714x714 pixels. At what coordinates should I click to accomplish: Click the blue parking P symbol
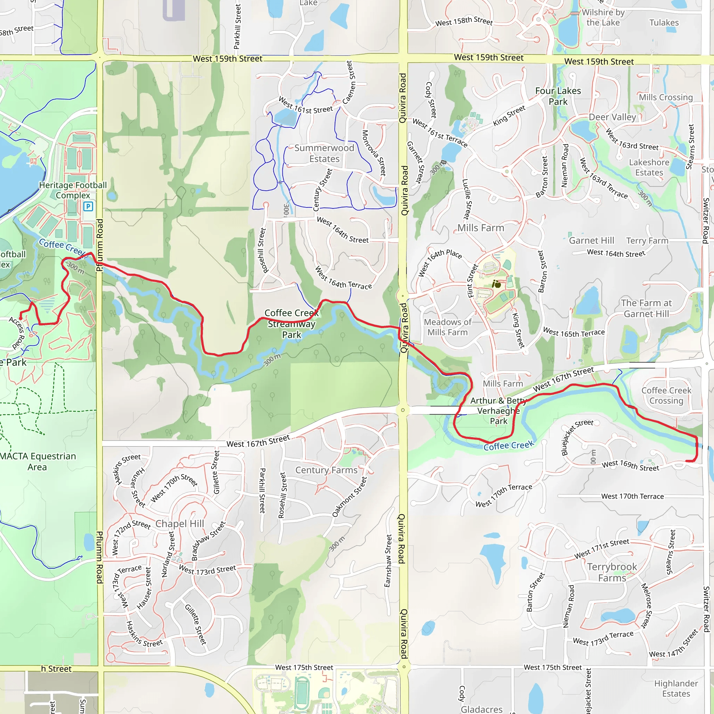pos(88,206)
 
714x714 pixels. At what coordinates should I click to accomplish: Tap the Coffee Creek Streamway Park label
pos(291,324)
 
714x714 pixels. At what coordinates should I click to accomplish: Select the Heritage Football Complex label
pos(73,190)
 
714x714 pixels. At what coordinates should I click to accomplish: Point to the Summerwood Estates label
pos(324,153)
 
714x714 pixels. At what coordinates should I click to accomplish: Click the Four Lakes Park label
pos(558,96)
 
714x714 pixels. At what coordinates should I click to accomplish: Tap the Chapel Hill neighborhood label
pos(180,524)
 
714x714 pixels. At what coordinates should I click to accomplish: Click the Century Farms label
pos(326,470)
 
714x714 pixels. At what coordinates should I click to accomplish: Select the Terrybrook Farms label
pos(612,572)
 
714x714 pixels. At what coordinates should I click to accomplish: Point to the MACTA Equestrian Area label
pos(37,462)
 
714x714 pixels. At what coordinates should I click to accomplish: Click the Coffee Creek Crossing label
pos(666,395)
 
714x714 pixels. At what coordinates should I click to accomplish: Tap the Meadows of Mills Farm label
pos(448,327)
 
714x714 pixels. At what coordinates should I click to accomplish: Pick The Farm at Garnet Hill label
pos(646,308)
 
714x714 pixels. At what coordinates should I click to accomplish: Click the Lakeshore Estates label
pos(649,167)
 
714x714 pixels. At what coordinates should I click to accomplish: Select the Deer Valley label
pos(612,117)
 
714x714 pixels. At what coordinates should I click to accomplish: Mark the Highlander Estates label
pos(676,689)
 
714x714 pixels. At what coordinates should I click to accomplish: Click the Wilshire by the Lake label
pos(603,17)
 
